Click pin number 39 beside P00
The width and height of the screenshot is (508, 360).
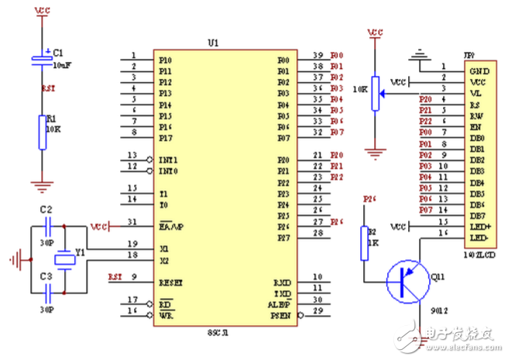(317, 57)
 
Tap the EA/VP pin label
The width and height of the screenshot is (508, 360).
(170, 227)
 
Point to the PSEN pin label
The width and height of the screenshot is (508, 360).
(280, 316)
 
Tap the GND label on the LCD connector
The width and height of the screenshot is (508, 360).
(478, 68)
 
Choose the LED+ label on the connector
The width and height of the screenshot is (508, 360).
(479, 226)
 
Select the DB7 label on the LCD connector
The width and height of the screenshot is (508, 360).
(477, 214)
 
